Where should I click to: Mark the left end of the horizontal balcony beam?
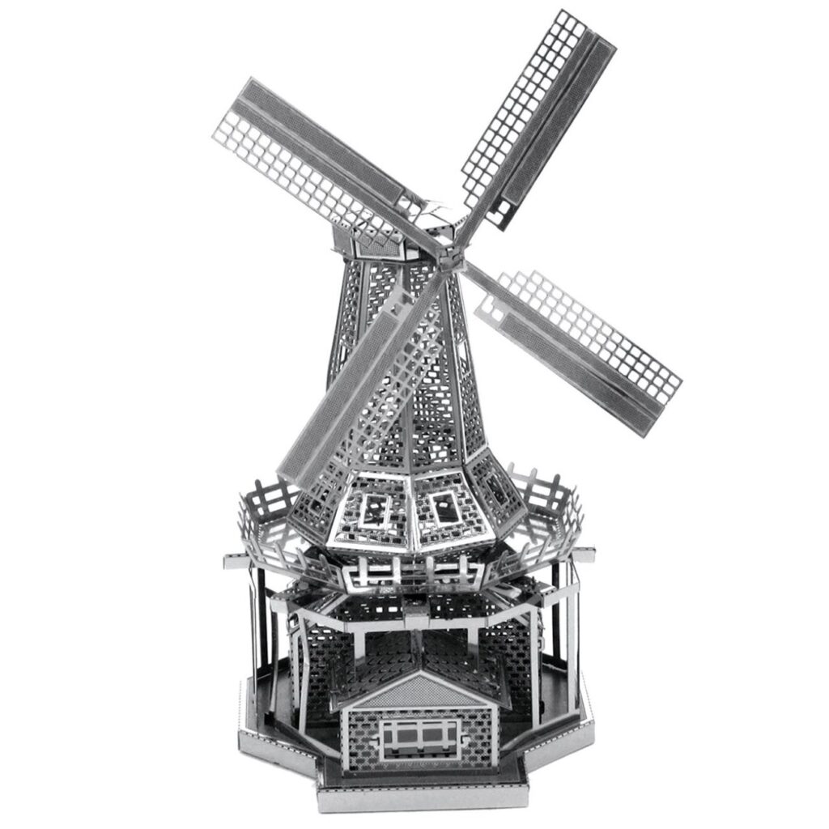(230, 559)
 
